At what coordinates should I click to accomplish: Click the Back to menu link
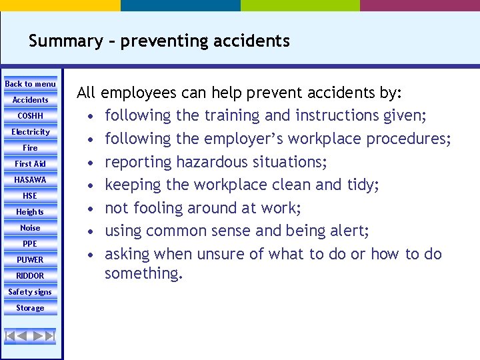[x=31, y=84]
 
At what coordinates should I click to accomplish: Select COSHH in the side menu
[x=31, y=116]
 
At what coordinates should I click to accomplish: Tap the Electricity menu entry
[x=31, y=132]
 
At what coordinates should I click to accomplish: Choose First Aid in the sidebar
[x=31, y=164]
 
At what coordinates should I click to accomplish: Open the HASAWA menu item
[x=31, y=180]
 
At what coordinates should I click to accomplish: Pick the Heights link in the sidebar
[x=31, y=212]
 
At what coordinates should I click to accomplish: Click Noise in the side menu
[x=31, y=228]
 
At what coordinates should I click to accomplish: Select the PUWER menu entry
[x=31, y=260]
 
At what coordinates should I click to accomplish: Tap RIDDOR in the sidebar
[x=31, y=276]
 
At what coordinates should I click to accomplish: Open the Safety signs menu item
[x=31, y=292]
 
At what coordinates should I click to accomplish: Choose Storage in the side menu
[x=31, y=308]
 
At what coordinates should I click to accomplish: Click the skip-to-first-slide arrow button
[x=11, y=335]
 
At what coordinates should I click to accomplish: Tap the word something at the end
[x=143, y=273]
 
